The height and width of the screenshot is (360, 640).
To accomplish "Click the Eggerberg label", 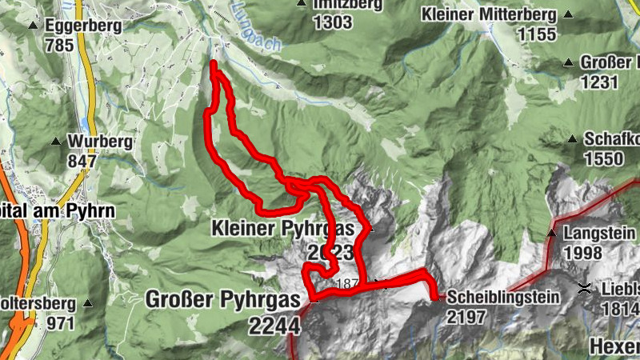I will point(84,26).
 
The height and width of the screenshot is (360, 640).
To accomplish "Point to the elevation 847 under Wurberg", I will point(82,160).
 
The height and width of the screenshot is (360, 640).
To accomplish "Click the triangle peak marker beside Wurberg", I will point(56,142).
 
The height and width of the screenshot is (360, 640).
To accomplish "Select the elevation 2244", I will point(274,326).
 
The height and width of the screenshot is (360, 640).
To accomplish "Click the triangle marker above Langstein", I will point(552,233).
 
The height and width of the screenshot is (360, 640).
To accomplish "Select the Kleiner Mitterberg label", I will point(489,14).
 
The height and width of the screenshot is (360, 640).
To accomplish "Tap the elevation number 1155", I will point(537,34).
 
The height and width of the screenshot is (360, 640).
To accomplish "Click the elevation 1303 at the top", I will point(333,22).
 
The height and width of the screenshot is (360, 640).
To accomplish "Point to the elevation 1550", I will point(603,158).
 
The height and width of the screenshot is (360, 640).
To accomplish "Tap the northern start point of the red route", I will point(214,63).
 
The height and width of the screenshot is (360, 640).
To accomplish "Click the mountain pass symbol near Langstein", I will point(586,287).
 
